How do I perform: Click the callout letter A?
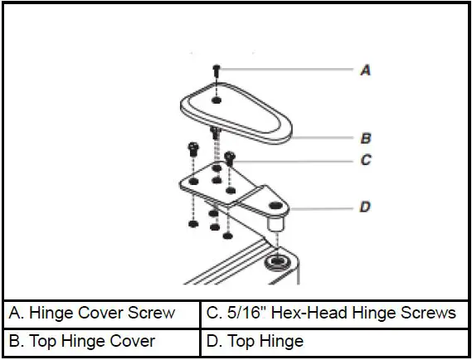click(365, 71)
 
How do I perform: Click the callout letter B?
click(365, 138)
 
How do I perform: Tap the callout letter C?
click(365, 160)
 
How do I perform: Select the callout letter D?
click(365, 207)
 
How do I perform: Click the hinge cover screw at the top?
click(217, 70)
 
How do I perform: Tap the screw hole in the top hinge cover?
click(217, 100)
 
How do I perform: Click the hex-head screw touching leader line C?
click(231, 155)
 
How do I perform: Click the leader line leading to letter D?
click(324, 207)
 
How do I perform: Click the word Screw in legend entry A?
click(153, 313)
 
